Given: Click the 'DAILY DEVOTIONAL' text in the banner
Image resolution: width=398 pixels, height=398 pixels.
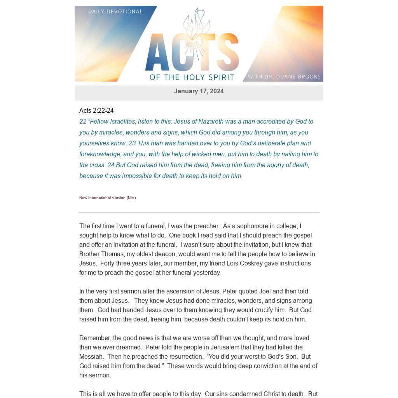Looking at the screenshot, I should pyautogui.click(x=115, y=12).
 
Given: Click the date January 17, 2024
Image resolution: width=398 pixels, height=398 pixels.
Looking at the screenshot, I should pyautogui.click(x=199, y=91).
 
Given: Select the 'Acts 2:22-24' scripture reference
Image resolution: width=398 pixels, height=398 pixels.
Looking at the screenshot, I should pyautogui.click(x=96, y=111).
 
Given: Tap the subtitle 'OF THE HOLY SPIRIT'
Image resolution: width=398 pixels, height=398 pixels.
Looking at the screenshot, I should pyautogui.click(x=192, y=77).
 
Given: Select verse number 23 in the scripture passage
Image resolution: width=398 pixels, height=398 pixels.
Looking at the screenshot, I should pyautogui.click(x=132, y=143).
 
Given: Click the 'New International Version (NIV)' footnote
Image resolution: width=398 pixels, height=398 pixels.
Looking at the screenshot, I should pyautogui.click(x=108, y=198).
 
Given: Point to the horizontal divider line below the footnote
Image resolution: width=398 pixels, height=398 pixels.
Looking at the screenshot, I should pyautogui.click(x=199, y=212).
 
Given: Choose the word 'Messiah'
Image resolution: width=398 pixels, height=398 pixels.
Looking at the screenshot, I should pyautogui.click(x=91, y=357).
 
